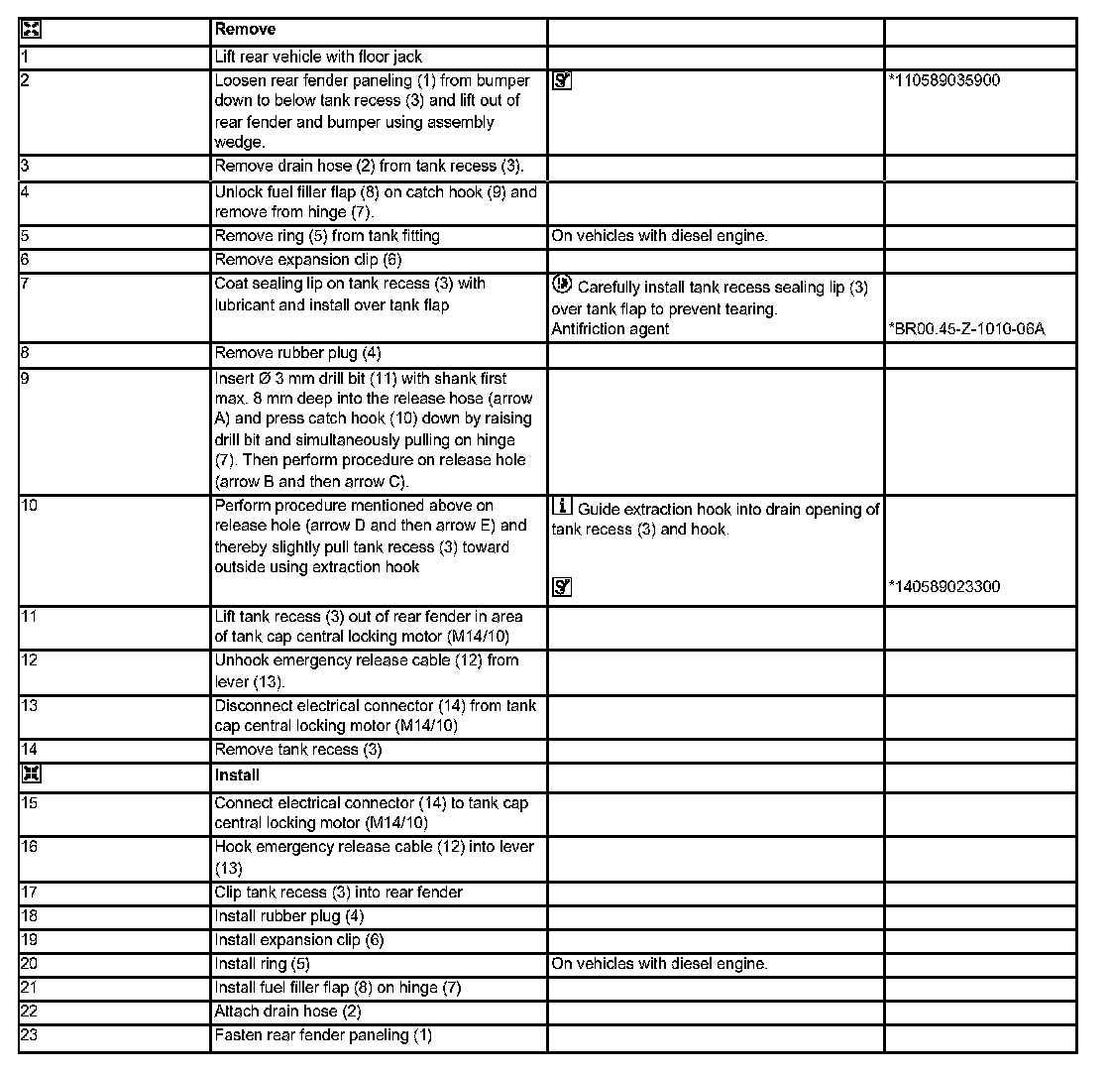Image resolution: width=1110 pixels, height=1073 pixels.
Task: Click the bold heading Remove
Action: click(245, 30)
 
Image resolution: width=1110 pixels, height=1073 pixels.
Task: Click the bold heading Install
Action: click(237, 774)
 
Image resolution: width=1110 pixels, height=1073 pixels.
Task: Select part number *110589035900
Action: click(944, 80)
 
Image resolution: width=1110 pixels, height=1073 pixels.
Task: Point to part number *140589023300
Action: click(944, 586)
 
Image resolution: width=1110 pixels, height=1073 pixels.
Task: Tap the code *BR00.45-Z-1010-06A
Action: click(966, 328)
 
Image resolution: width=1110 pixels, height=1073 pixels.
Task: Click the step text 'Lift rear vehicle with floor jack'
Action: click(318, 58)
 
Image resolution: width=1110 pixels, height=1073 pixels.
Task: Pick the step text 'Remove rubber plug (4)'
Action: click(298, 353)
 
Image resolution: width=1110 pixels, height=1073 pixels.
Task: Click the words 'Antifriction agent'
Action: click(610, 328)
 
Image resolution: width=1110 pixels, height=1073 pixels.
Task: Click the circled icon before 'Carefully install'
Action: click(561, 285)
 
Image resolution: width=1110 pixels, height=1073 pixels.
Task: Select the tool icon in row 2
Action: click(561, 81)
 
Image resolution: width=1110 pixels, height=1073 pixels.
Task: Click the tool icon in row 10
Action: click(561, 587)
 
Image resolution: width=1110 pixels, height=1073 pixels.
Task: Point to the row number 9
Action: click(25, 378)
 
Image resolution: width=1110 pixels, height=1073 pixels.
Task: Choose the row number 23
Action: click(29, 1035)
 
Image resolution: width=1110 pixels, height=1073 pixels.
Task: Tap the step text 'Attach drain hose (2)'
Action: click(287, 1012)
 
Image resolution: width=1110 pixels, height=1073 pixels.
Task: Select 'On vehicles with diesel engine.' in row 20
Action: click(659, 964)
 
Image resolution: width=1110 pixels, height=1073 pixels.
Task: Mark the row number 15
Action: click(29, 803)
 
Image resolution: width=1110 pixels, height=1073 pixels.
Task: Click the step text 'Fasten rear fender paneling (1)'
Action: click(323, 1035)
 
